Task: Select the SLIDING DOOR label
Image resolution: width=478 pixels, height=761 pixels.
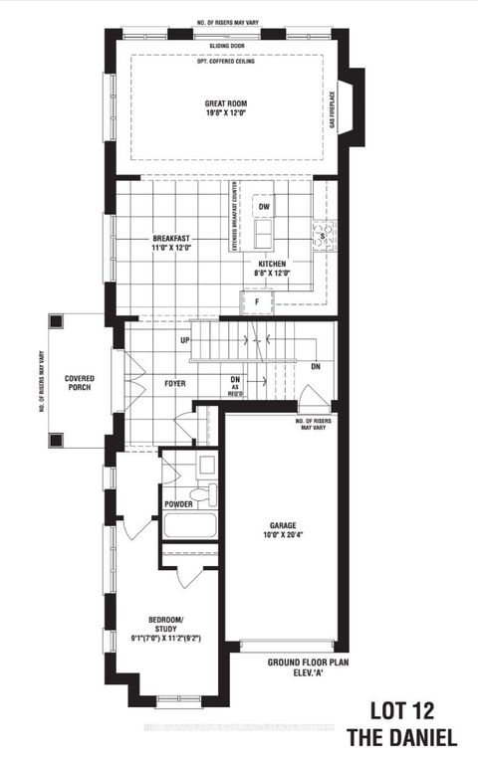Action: pos(228,45)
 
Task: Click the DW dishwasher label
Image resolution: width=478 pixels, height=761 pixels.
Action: pos(264,207)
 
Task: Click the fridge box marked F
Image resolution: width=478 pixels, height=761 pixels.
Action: pos(255,299)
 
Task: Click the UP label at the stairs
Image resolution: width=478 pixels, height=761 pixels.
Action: pos(185,340)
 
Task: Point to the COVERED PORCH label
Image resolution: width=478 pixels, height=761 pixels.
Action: pos(80,384)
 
